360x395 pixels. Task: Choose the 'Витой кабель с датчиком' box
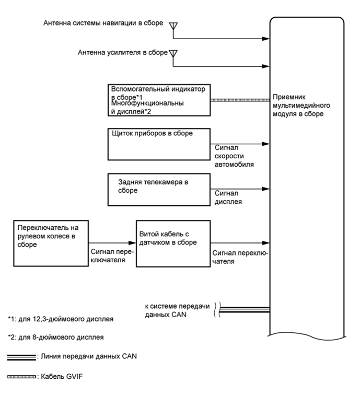click(x=172, y=243)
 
